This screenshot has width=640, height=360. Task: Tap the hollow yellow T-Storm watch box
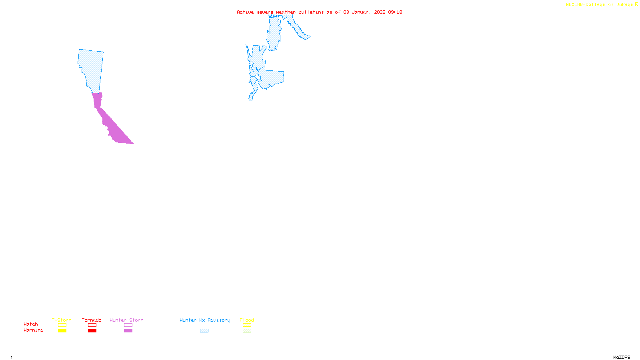(x=62, y=325)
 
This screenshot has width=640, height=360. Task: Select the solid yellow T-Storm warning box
(x=62, y=331)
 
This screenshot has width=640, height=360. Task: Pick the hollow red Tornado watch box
(x=92, y=325)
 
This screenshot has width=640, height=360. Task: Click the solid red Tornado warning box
(x=92, y=331)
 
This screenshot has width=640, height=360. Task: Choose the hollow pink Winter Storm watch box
(x=128, y=325)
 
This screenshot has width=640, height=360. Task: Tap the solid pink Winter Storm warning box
(x=128, y=331)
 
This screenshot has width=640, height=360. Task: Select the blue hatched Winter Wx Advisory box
(x=204, y=331)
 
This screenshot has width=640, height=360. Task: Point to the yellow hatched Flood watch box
(x=247, y=325)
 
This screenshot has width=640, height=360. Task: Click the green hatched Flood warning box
(x=247, y=331)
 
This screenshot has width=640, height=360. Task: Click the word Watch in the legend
(x=31, y=324)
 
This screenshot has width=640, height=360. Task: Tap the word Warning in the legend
(x=33, y=330)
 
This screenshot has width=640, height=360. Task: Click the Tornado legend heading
(x=92, y=320)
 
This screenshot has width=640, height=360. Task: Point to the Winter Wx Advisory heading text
(x=205, y=320)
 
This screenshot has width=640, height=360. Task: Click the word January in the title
(x=362, y=12)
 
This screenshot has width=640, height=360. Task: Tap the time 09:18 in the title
(x=395, y=12)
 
